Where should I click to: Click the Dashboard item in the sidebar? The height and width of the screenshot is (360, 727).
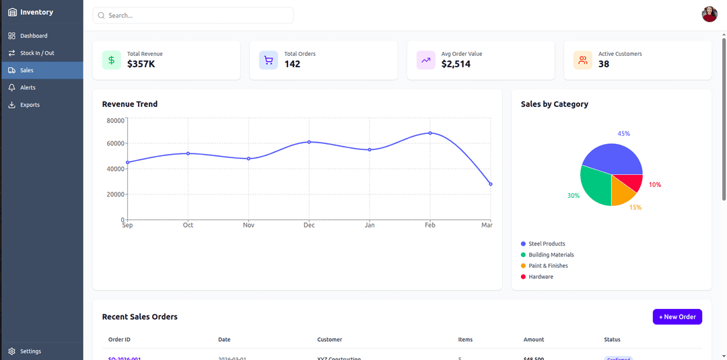34,36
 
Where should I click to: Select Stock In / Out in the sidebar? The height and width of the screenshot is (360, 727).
37,53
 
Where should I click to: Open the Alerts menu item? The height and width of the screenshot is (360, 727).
28,87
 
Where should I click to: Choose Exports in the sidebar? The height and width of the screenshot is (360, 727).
30,105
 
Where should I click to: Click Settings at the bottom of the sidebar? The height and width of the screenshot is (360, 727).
30,351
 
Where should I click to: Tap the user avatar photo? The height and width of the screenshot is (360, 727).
709,14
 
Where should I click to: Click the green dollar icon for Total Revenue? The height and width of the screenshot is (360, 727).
112,60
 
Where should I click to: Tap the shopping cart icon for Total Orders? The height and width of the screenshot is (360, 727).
269,60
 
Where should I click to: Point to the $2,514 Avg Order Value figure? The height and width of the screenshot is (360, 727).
456,65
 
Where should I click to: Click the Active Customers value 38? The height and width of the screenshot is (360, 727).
604,65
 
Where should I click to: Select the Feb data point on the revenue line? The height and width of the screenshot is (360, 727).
430,133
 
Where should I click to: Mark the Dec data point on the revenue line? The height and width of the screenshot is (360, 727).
309,142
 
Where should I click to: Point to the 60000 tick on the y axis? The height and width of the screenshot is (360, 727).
115,143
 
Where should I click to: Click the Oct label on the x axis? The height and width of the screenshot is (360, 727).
188,225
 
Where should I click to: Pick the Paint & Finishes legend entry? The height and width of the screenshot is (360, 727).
548,266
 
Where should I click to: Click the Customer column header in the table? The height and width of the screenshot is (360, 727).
329,340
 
